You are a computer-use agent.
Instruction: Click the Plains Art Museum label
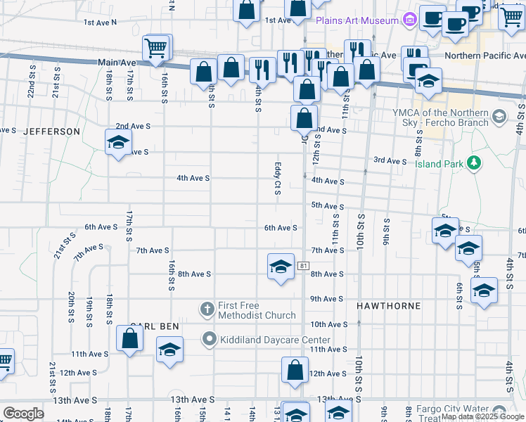357,20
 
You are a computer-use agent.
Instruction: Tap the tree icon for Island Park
475,163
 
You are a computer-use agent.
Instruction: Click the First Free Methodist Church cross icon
207,309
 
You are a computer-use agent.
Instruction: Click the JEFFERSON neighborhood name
52,132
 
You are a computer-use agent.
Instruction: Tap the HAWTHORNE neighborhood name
388,306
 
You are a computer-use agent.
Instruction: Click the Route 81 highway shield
303,265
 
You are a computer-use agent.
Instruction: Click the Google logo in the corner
23,414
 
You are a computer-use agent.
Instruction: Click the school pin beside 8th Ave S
281,267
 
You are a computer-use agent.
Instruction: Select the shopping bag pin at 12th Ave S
295,370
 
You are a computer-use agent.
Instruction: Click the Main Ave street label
117,63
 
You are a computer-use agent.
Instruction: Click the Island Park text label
439,164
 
